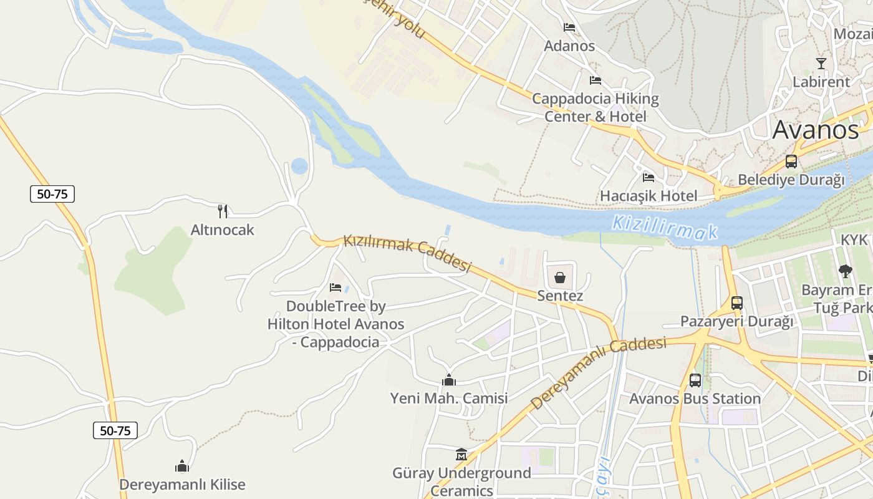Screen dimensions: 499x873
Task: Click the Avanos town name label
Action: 816,130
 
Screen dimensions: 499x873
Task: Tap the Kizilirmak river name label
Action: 665,228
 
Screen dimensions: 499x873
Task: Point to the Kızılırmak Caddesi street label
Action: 407,253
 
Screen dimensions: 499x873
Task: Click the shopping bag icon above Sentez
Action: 560,278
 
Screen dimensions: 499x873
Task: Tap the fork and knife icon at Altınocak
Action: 223,211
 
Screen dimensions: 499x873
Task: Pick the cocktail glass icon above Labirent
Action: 821,64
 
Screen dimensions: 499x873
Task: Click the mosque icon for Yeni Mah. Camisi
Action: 448,379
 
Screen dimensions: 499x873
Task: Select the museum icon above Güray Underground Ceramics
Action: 461,454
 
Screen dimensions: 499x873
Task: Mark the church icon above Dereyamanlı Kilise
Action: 182,465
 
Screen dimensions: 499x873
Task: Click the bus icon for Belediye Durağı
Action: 791,162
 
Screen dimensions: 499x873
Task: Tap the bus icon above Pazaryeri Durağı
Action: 737,303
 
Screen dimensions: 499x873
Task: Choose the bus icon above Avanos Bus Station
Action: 695,380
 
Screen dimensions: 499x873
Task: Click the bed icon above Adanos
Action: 569,27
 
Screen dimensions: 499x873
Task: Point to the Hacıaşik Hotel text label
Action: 649,196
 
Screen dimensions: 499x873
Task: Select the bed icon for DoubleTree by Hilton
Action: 335,288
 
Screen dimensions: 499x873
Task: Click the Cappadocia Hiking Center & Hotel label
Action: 596,107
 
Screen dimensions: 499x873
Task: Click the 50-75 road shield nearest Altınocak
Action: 52,194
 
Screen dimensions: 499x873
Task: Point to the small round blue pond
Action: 300,166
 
